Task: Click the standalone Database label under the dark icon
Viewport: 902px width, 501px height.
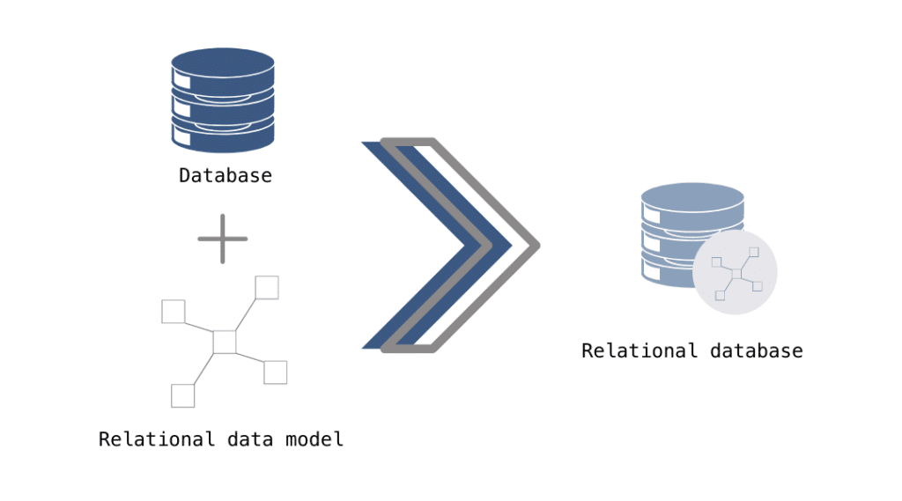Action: click(225, 175)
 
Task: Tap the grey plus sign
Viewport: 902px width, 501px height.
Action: click(223, 239)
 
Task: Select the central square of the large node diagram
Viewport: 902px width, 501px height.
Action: click(225, 342)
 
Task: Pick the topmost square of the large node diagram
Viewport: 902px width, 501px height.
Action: click(267, 287)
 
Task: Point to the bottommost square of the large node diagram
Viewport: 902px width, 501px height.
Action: click(182, 395)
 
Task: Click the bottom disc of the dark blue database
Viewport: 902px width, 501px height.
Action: click(223, 139)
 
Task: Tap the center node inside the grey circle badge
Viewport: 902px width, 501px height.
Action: click(736, 275)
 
